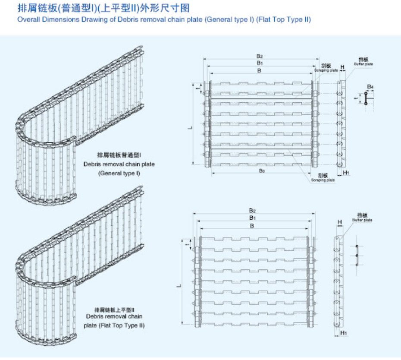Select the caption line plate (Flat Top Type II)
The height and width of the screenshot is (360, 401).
(114, 325)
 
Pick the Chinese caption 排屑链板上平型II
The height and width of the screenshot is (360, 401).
(115, 309)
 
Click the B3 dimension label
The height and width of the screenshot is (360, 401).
(262, 171)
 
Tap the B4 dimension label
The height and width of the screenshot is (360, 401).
(370, 87)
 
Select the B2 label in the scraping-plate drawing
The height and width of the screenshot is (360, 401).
(260, 56)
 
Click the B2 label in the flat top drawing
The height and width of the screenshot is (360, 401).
(253, 211)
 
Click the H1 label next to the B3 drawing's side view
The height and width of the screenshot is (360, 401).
(346, 173)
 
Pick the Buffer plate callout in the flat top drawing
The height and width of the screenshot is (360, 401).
(362, 220)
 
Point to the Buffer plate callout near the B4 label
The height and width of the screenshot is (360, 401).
(363, 64)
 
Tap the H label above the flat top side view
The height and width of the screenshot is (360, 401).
(340, 222)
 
